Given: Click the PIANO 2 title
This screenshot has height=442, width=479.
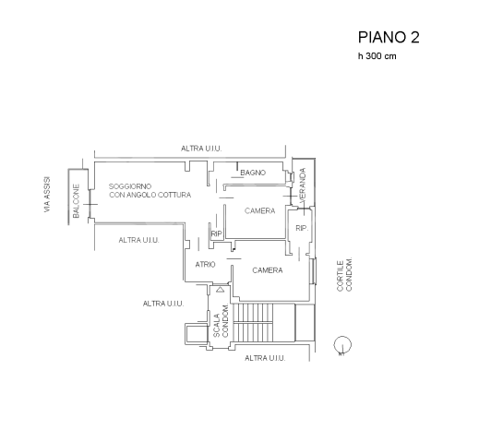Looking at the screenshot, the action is [x=389, y=38].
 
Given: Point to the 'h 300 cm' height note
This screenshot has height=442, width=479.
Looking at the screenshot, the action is [x=377, y=56].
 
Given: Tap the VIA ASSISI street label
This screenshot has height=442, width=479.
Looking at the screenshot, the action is [x=47, y=195].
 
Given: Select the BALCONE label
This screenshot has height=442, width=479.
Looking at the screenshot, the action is [x=76, y=201].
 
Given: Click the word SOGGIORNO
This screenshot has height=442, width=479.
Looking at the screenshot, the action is [x=130, y=186].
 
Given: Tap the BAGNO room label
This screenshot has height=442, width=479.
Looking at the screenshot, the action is [x=253, y=173].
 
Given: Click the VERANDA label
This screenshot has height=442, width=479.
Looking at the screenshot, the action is [x=303, y=185].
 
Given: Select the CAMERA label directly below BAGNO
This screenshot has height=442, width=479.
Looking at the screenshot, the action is [x=259, y=210].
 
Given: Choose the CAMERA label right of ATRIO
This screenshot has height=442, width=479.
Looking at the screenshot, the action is [x=268, y=270].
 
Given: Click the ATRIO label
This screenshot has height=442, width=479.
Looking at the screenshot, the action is [x=205, y=265].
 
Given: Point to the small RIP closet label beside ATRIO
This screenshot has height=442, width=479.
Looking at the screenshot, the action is [x=216, y=233].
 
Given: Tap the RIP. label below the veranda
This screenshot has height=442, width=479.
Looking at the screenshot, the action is [x=302, y=228].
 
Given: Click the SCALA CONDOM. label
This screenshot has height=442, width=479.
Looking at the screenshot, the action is [x=222, y=321].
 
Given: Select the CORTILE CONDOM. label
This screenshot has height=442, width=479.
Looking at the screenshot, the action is [x=344, y=274].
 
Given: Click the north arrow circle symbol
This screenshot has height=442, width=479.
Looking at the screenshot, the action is [x=342, y=345].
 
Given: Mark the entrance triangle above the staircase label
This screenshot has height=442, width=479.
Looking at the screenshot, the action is [x=220, y=290].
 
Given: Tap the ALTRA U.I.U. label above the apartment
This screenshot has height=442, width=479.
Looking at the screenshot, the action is [x=201, y=149].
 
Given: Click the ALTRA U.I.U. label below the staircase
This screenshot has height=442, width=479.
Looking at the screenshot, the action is [x=265, y=358].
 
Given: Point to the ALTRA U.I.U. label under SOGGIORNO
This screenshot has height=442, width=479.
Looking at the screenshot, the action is [x=139, y=240].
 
